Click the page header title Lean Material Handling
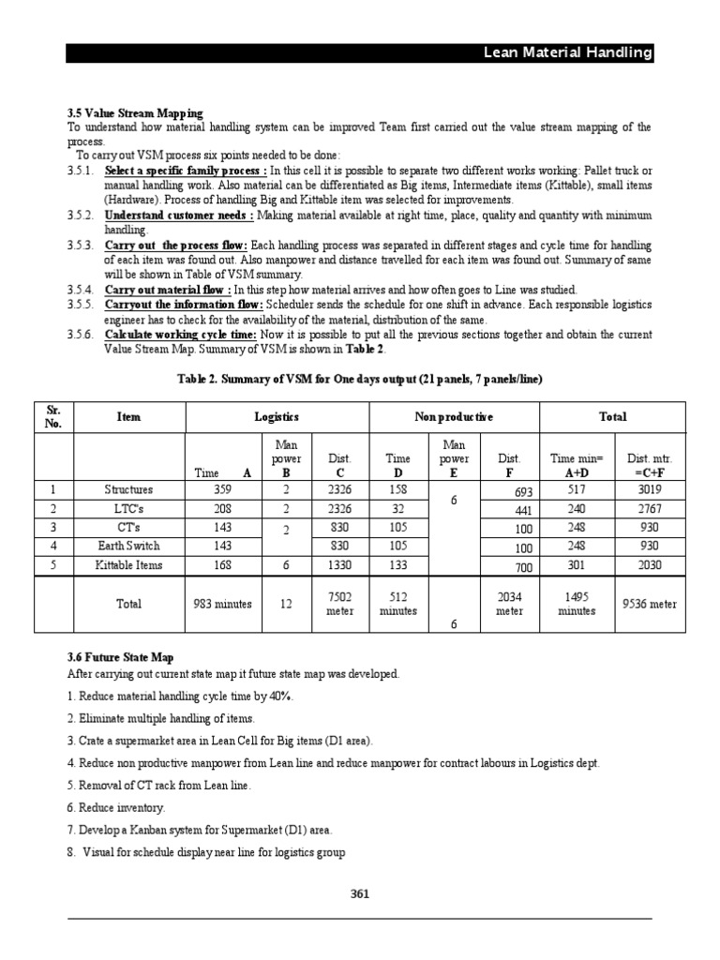[567, 53]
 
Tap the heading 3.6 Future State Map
[121, 658]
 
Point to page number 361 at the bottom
[360, 893]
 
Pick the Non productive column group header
[454, 417]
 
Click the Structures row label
[128, 489]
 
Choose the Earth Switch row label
[128, 545]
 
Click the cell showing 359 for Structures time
[222, 489]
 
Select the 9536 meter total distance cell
[649, 605]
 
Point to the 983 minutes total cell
[222, 605]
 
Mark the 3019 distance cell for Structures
[649, 489]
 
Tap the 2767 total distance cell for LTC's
[649, 508]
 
